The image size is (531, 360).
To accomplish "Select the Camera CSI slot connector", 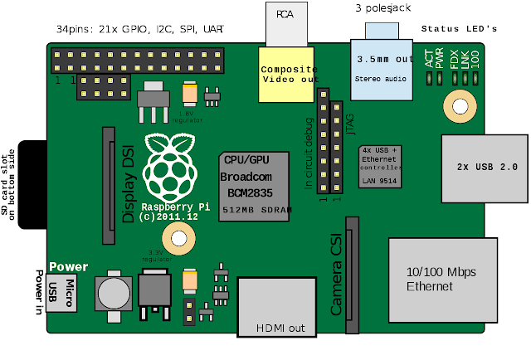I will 353,274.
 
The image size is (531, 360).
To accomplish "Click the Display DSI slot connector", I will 109,180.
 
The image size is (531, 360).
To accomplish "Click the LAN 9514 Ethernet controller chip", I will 379,167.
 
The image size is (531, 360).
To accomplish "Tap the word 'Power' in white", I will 68,267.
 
